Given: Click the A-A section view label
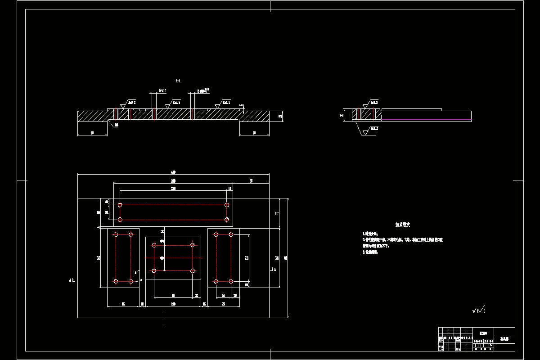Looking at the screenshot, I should click(178, 81).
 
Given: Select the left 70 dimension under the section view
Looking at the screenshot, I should click(92, 133).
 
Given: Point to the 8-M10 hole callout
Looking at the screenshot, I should click(162, 91).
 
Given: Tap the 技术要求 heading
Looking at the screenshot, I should click(402, 224).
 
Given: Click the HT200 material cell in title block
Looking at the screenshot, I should click(483, 333).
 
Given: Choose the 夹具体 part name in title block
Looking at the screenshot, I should click(504, 338).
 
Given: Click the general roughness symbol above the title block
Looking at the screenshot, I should click(479, 310).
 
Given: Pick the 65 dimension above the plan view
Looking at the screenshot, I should click(251, 181).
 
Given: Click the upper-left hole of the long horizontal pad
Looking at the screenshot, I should click(120, 205).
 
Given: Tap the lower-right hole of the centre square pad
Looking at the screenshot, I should click(193, 271).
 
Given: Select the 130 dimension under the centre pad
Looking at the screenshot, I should click(173, 305).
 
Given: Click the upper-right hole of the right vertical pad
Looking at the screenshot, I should click(231, 234).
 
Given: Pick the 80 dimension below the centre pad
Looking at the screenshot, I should click(173, 295).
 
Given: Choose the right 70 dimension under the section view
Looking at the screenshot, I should click(254, 133).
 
